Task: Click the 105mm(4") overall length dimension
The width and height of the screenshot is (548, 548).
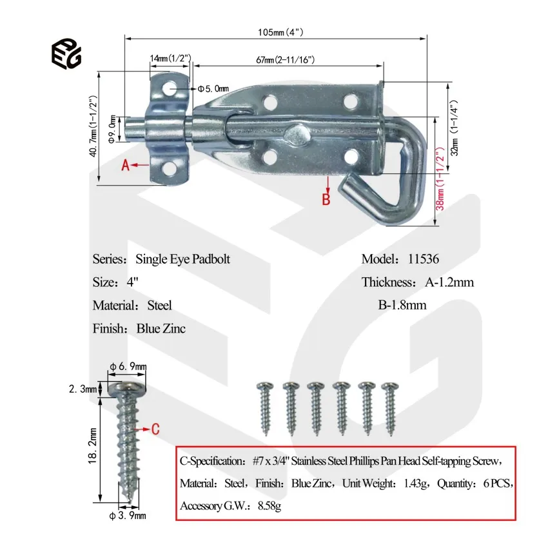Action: pyautogui.click(x=276, y=32)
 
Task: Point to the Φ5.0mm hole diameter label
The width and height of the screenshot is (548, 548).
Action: pyautogui.click(x=213, y=88)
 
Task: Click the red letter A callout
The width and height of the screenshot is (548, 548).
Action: pyautogui.click(x=127, y=165)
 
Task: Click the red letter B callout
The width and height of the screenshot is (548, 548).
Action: pyautogui.click(x=326, y=199)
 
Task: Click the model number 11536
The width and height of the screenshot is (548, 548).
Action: pyautogui.click(x=423, y=259)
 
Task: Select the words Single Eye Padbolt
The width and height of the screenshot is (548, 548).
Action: pyautogui.click(x=182, y=259)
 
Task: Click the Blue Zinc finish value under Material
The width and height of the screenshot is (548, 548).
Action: pyautogui.click(x=161, y=329)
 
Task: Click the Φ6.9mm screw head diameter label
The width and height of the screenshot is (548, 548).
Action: pyautogui.click(x=128, y=366)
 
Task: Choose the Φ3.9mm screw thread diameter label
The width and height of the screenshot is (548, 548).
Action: pyautogui.click(x=128, y=515)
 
